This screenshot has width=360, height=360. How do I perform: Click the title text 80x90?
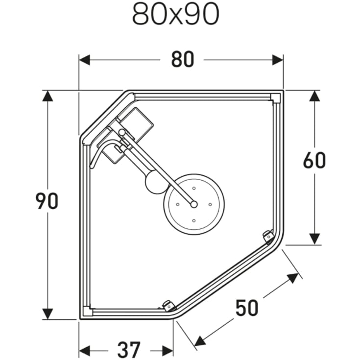pyautogui.click(x=175, y=15)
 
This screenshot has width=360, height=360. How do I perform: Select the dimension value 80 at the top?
pyautogui.click(x=182, y=60)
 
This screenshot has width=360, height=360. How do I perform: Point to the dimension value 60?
pyautogui.click(x=314, y=160)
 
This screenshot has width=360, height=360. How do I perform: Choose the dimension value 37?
pyautogui.click(x=128, y=350)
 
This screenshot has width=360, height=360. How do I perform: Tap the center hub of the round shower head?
pyautogui.click(x=193, y=203)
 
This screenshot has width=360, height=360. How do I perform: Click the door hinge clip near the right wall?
pyautogui.click(x=268, y=236)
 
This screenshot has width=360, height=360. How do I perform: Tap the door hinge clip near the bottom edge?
pyautogui.click(x=168, y=306)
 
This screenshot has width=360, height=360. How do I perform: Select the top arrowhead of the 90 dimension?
pyautogui.click(x=48, y=96)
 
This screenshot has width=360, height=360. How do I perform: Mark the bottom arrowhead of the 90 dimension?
pyautogui.click(x=48, y=313)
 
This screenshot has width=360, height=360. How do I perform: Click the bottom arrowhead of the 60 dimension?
pyautogui.click(x=314, y=239)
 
